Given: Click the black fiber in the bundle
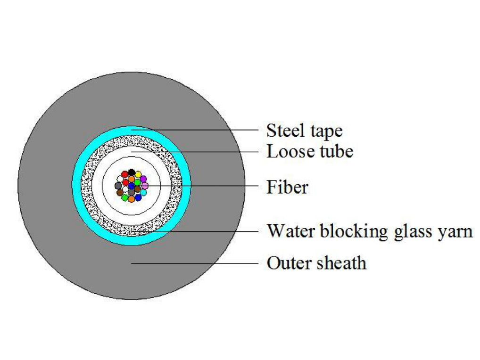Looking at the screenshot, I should tap(132, 172).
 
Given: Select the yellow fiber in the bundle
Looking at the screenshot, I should tap(138, 174).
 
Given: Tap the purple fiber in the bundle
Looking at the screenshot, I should tap(143, 180).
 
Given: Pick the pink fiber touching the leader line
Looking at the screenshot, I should tap(145, 186).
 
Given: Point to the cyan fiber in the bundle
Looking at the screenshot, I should tap(143, 192).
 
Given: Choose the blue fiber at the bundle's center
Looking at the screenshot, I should tap(132, 186).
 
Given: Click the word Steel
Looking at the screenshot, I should tap(281, 130).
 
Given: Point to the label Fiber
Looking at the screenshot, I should tap(287, 187).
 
